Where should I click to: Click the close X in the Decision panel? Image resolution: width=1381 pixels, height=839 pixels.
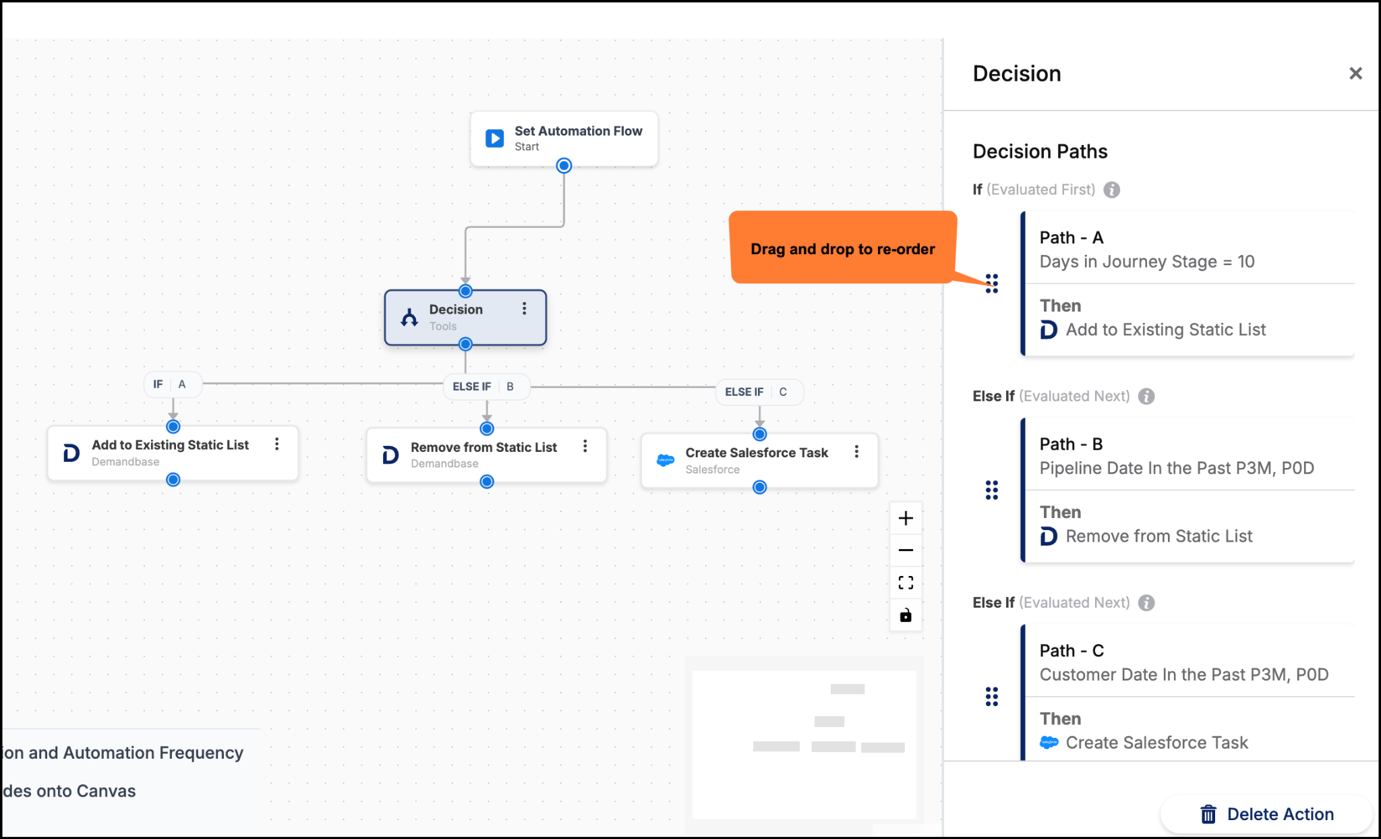point(1355,74)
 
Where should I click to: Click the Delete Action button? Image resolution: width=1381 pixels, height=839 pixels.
point(1266,814)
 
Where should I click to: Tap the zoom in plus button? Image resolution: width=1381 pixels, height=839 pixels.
point(906,518)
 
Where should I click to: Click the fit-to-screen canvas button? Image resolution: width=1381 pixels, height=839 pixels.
point(906,583)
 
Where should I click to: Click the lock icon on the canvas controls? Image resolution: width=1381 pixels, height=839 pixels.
point(906,615)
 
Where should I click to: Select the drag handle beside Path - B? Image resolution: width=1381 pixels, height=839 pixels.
point(991,490)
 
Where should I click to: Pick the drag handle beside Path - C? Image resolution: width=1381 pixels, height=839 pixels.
point(991,697)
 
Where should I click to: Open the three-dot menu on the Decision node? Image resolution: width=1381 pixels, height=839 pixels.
point(524,309)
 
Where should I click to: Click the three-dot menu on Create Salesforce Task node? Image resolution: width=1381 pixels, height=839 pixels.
point(856,452)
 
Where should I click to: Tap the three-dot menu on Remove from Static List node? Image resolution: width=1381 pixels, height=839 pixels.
point(585,446)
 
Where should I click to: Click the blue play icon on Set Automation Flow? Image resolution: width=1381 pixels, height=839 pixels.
point(494,138)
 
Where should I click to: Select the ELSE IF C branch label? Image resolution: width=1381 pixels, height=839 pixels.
point(759,392)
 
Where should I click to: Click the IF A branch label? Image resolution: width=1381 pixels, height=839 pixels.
point(173,384)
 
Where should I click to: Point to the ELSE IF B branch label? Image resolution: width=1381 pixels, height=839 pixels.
point(486,386)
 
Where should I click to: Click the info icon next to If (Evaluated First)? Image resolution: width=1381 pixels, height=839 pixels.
point(1111,190)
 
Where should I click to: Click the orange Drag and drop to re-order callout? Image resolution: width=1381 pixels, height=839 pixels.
point(843,248)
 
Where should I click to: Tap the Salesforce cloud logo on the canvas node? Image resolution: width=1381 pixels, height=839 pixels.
point(666,461)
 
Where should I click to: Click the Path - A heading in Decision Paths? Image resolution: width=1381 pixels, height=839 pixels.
point(1071,237)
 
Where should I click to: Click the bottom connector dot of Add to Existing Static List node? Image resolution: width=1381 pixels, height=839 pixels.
point(173,480)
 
